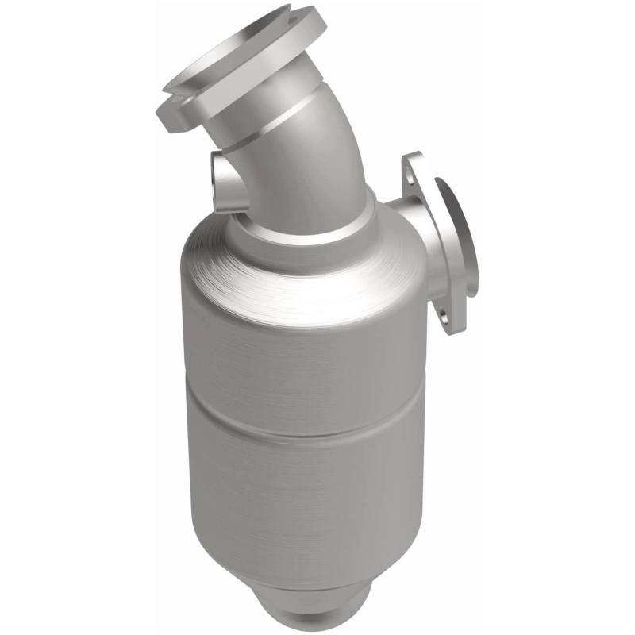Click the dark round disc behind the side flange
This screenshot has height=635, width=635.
tap(460, 238)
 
